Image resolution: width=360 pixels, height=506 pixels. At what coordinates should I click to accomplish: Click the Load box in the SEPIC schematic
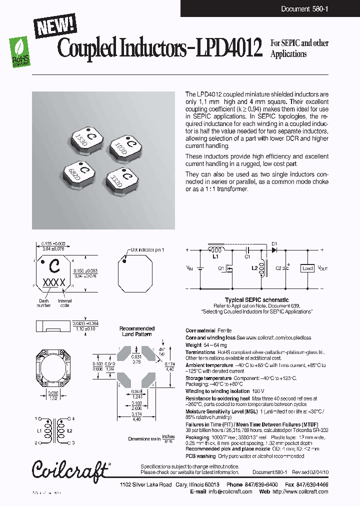click(307, 268)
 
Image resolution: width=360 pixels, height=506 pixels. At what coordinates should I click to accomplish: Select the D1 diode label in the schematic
click(274, 244)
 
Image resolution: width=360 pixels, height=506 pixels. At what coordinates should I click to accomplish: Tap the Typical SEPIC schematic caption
click(256, 300)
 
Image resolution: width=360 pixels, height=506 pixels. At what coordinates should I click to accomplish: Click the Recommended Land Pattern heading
click(136, 331)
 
